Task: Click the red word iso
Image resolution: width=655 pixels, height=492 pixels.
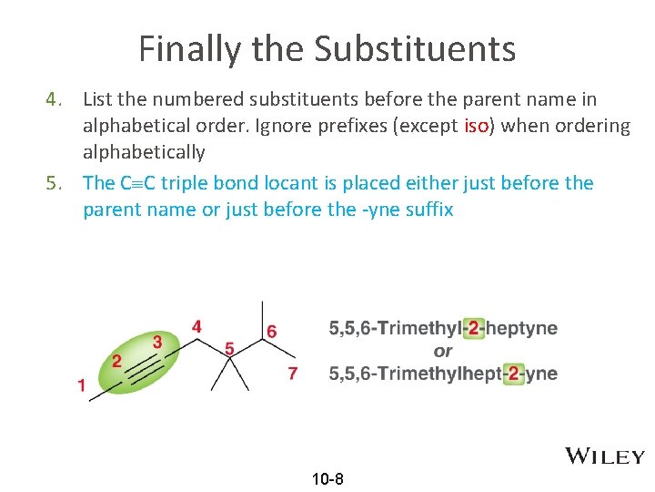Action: [x=476, y=126]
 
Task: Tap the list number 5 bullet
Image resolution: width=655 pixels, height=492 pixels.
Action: [x=55, y=183]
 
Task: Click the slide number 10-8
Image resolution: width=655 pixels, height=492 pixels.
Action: [x=327, y=479]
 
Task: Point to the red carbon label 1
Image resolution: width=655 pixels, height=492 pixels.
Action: [x=82, y=385]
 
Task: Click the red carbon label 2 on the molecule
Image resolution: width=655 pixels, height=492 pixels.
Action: [x=117, y=360]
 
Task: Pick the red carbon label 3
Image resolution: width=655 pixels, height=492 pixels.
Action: [x=157, y=342]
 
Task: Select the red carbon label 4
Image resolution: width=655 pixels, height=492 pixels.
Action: [x=196, y=325]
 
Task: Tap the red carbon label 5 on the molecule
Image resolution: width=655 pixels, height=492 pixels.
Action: [x=229, y=348]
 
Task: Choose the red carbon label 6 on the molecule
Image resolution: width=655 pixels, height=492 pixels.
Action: [x=272, y=330]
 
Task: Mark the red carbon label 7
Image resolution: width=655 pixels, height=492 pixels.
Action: [x=292, y=374]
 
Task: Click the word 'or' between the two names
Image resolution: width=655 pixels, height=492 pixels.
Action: [x=443, y=351]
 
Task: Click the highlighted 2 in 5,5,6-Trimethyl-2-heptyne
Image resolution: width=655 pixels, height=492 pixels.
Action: [x=471, y=328]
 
